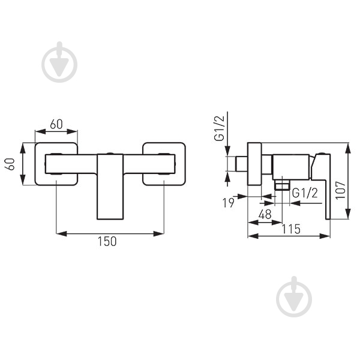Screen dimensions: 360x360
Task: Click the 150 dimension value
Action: (x=107, y=241)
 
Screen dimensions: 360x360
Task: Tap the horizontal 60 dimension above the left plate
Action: (x=56, y=124)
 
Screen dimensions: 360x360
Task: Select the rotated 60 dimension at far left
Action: (x=11, y=164)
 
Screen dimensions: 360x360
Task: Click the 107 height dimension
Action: (x=340, y=190)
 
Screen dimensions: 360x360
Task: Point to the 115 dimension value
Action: (x=291, y=229)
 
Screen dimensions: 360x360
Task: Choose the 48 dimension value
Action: (x=265, y=214)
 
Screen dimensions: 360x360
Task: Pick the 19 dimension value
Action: (x=229, y=203)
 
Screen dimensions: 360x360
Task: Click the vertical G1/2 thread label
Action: (x=219, y=128)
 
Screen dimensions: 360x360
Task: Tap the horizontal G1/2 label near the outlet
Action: (x=305, y=193)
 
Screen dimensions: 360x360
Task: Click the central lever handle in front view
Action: (x=110, y=187)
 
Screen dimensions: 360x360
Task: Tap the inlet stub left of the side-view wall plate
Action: (x=242, y=164)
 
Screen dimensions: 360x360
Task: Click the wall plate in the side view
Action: (x=254, y=164)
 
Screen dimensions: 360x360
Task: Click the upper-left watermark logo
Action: (x=59, y=62)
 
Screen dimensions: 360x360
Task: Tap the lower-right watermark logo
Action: (x=294, y=296)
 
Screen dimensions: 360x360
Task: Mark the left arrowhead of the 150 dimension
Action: (x=61, y=234)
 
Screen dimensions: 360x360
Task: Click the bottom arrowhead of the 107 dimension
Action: (x=348, y=214)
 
